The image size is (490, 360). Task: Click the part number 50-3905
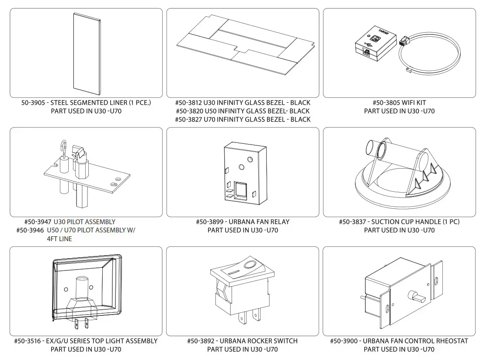[34, 103]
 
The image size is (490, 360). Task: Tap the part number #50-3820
[188, 111]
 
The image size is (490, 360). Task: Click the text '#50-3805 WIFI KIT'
[399, 103]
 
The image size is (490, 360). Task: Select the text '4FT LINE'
[59, 239]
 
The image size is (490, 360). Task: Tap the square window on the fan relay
[241, 190]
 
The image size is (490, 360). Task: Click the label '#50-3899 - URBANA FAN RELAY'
[243, 222]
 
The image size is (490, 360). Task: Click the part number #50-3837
[353, 222]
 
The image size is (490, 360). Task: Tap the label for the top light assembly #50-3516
[86, 341]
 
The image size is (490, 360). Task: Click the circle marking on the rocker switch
[250, 265]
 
